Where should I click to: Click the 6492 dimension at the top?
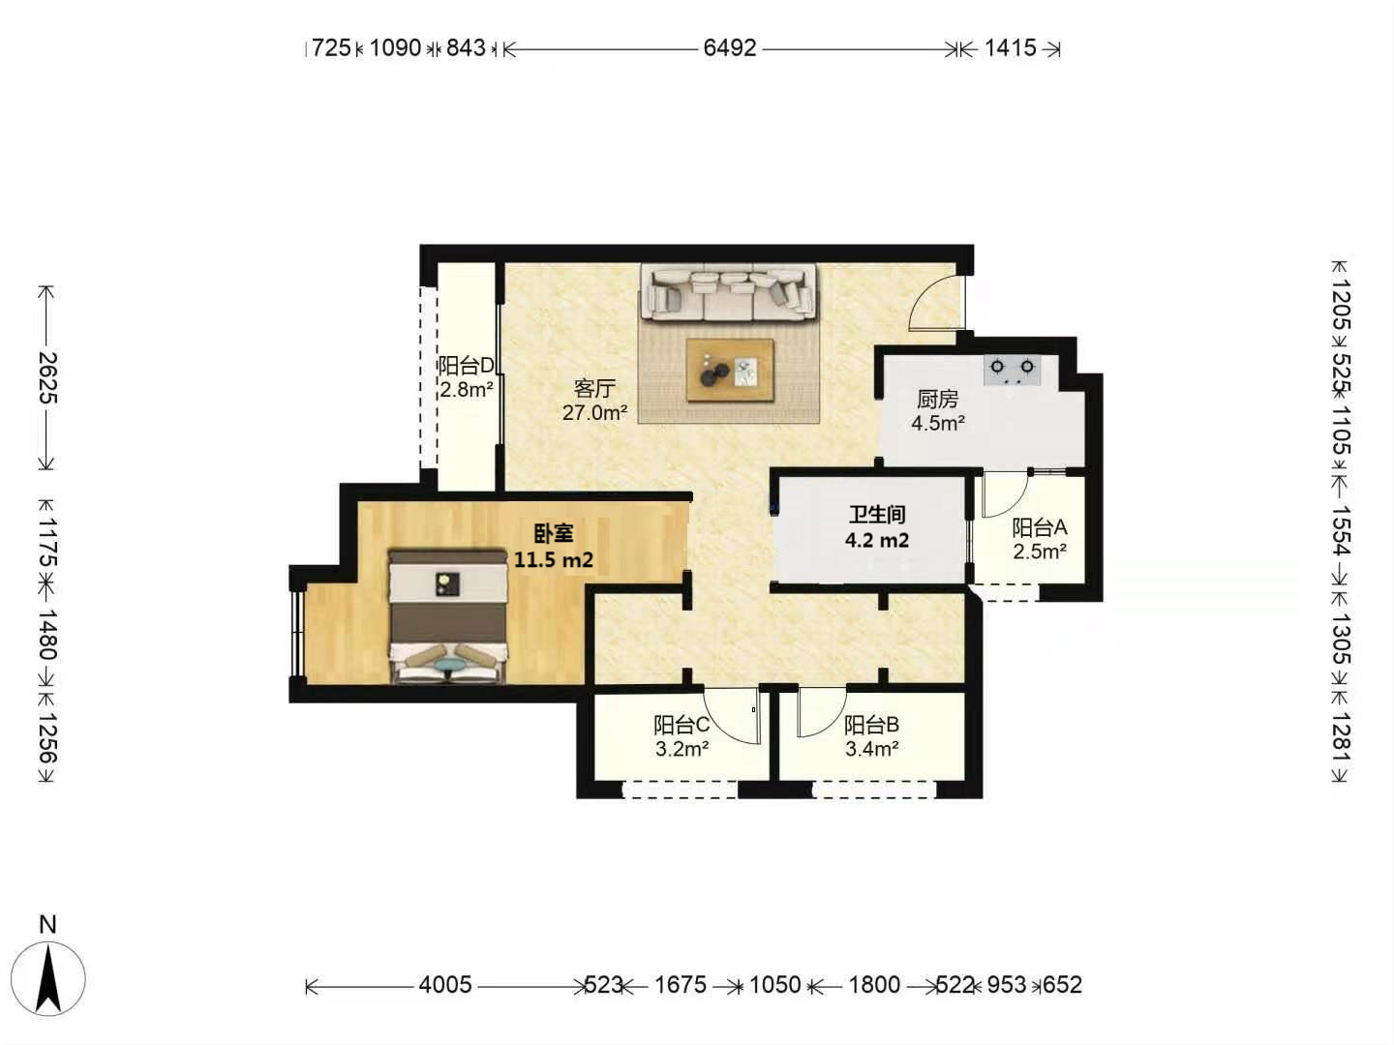[x=730, y=48]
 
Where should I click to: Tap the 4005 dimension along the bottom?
[x=445, y=984]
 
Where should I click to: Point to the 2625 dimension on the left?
[x=48, y=377]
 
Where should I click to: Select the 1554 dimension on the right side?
[x=1340, y=530]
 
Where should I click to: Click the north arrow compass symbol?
[x=48, y=970]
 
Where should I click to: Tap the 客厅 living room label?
[x=594, y=388]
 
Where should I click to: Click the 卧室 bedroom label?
[x=554, y=533]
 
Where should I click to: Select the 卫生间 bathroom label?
[x=877, y=515]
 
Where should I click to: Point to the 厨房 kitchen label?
[x=937, y=399]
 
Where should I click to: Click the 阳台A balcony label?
[x=1039, y=527]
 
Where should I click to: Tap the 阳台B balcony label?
[x=871, y=724]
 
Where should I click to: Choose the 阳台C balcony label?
[x=682, y=724]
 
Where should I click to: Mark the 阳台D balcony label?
[x=466, y=366]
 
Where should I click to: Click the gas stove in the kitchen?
[x=1013, y=370]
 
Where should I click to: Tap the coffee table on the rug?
[x=730, y=370]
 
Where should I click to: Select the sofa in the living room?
[x=728, y=292]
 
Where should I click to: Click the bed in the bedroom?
[x=448, y=616]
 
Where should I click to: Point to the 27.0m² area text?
[x=595, y=413]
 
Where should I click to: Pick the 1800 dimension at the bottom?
[x=874, y=984]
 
